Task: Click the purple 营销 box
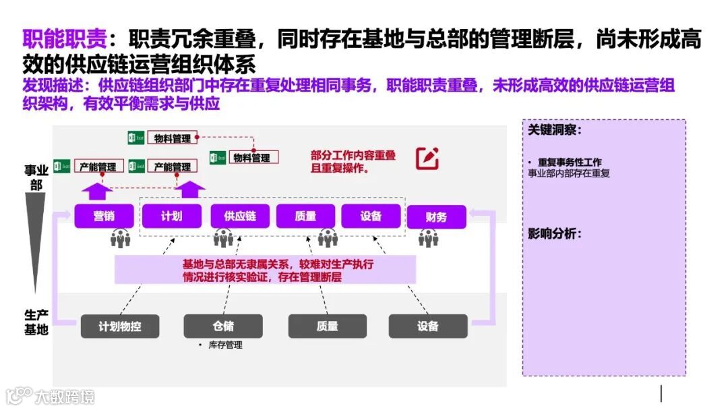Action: point(103,216)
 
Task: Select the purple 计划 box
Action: point(171,216)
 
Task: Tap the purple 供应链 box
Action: point(239,216)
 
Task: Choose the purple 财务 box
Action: point(436,217)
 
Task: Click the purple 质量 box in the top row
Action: point(305,216)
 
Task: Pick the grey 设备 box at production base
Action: point(427,326)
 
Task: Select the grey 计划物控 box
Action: point(119,326)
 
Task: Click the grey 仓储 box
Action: point(223,326)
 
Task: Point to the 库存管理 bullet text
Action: point(224,345)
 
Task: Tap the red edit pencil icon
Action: point(427,158)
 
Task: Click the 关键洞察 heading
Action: point(554,129)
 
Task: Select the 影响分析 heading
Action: point(554,234)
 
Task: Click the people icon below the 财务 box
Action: point(428,238)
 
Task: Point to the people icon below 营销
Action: point(121,239)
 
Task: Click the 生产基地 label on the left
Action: point(36,322)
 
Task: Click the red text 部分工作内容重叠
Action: point(353,156)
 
